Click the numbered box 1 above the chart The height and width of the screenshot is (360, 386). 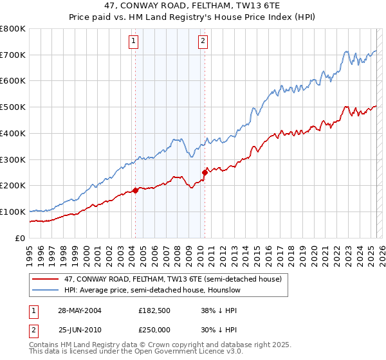[133, 42]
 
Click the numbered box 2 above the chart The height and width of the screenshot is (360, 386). [203, 42]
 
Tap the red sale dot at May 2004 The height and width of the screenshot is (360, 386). [136, 190]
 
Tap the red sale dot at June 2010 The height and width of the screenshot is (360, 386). [205, 172]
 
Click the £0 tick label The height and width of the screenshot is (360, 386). [21, 238]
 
